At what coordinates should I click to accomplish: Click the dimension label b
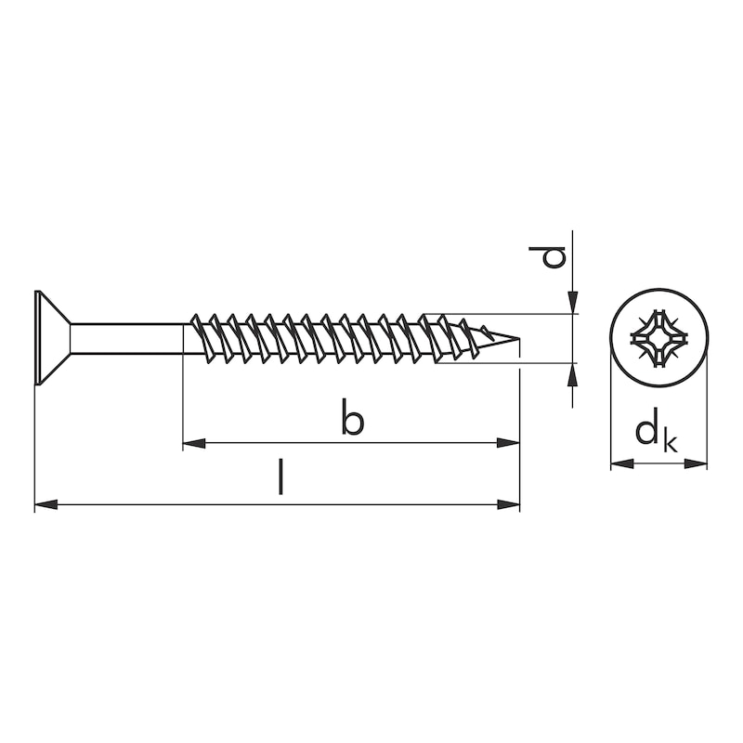(352, 419)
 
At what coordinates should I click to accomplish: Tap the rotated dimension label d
(554, 255)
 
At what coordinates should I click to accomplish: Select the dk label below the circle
(656, 434)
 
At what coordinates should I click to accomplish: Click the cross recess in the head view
(658, 338)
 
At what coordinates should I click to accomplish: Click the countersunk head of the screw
(51, 338)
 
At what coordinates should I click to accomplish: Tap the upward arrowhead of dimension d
(573, 373)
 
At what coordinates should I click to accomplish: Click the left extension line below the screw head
(34, 446)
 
